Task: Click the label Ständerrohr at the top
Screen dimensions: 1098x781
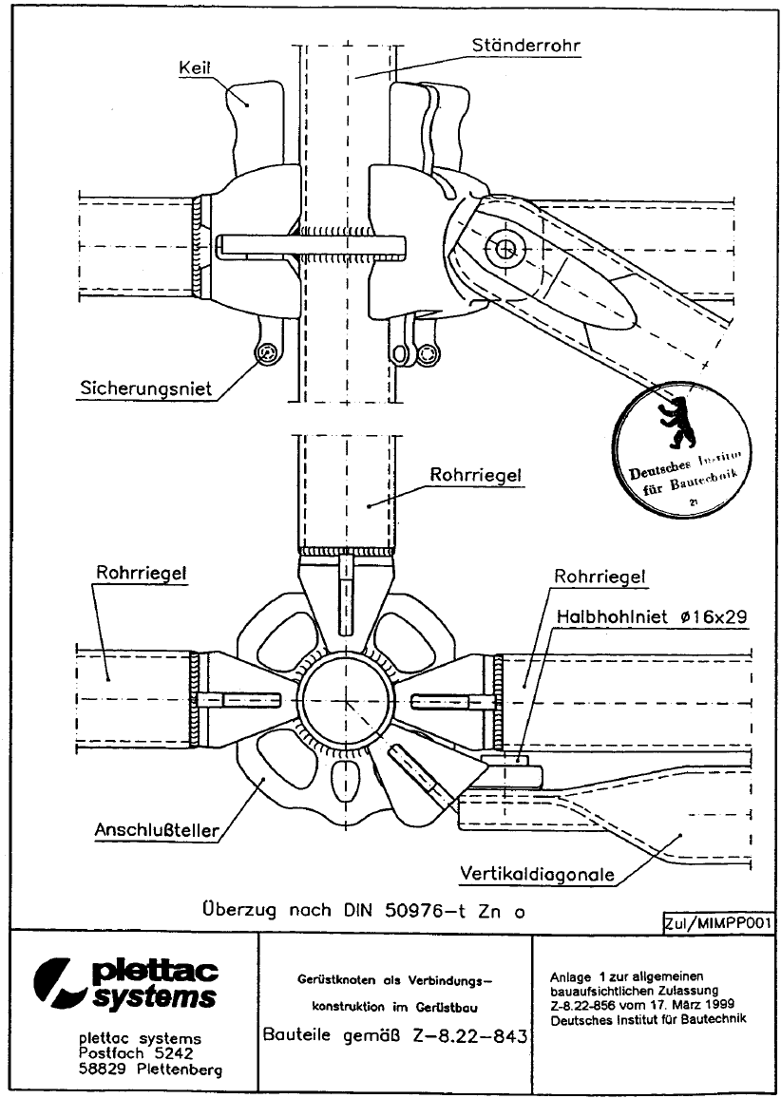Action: click(527, 44)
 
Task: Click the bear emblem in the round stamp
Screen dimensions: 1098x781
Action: click(678, 422)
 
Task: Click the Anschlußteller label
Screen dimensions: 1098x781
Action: click(157, 829)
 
